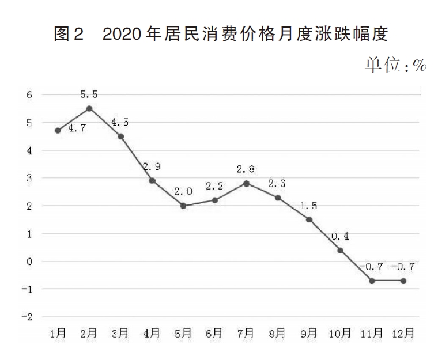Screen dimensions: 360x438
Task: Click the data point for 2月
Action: point(89,108)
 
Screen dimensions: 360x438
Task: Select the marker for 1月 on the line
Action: point(58,130)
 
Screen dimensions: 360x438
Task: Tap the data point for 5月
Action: point(183,206)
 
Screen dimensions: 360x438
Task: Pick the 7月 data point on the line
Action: point(246,183)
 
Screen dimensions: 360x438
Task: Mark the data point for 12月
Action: point(403,281)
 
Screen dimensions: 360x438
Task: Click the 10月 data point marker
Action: point(340,250)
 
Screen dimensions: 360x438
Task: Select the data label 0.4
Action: point(341,236)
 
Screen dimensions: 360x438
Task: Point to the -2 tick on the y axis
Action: point(27,317)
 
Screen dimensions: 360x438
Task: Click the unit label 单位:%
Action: point(395,65)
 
